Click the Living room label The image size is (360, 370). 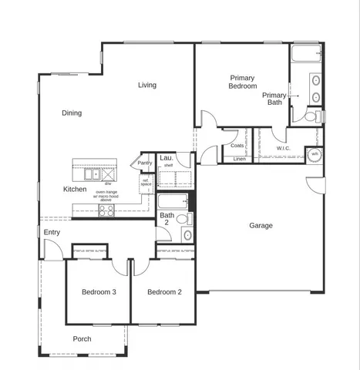pyautogui.click(x=148, y=85)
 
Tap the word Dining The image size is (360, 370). pyautogui.click(x=72, y=113)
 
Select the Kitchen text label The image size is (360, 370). pyautogui.click(x=75, y=189)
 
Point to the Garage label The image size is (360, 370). pyautogui.click(x=261, y=226)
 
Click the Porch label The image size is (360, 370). pyautogui.click(x=82, y=339)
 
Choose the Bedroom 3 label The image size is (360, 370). pyautogui.click(x=99, y=292)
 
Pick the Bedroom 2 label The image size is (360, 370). pyautogui.click(x=164, y=292)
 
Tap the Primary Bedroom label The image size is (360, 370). pyautogui.click(x=242, y=82)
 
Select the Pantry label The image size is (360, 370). pyautogui.click(x=145, y=163)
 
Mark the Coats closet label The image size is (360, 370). pyautogui.click(x=237, y=145)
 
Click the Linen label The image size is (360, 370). pyautogui.click(x=239, y=160)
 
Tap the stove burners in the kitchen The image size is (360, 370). pyautogui.click(x=106, y=210)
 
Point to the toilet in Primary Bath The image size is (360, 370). pyautogui.click(x=310, y=117)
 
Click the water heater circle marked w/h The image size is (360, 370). pyautogui.click(x=315, y=154)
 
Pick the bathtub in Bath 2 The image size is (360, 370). pyautogui.click(x=173, y=203)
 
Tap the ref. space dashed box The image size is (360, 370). pyautogui.click(x=146, y=183)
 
